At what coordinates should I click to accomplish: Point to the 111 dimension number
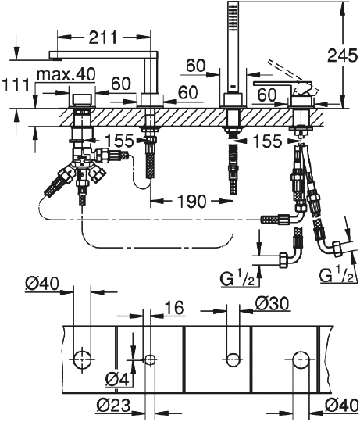(16, 84)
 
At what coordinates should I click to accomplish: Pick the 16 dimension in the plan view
(174, 310)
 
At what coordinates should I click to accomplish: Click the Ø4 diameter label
(117, 380)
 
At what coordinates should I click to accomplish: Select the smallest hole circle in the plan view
(151, 359)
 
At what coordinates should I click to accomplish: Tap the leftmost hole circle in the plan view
(81, 359)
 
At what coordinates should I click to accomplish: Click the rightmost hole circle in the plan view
(301, 359)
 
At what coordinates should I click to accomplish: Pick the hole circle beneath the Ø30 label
(232, 359)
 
